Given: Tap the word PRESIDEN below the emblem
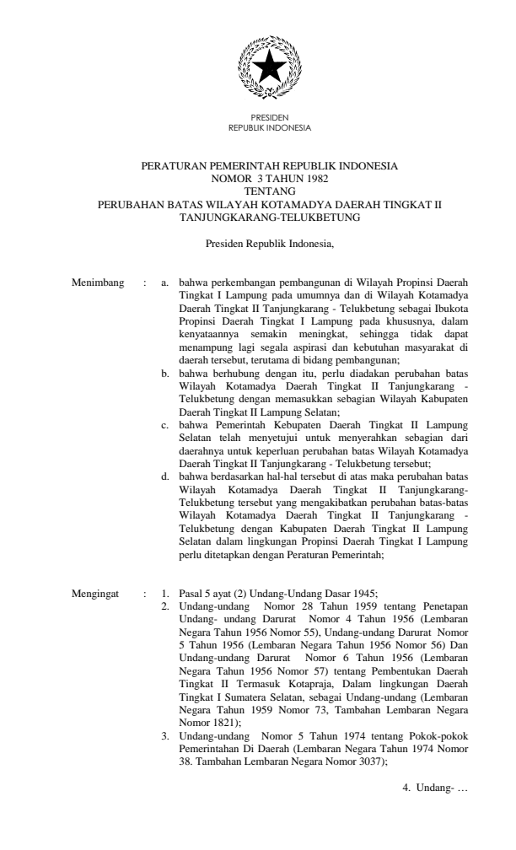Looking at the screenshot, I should [270, 117].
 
